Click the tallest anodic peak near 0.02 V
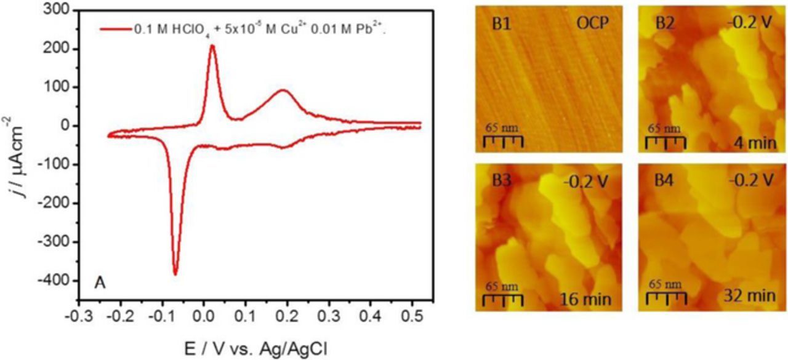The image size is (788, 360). [x=212, y=46]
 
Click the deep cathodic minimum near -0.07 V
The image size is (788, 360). [x=175, y=274]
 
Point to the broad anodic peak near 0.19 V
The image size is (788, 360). [x=283, y=90]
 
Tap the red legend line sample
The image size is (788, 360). [x=115, y=29]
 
